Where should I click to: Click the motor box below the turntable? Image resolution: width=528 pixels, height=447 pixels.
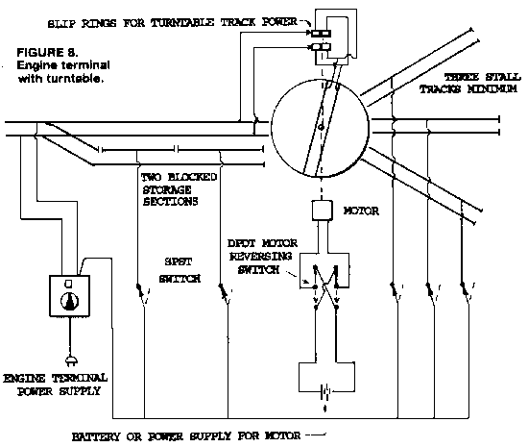pos(322,211)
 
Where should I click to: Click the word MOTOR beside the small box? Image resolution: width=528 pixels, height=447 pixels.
pos(361,211)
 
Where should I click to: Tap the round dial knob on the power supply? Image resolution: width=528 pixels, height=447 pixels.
pos(70,301)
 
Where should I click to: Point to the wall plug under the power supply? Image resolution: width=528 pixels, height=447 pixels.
pos(71,360)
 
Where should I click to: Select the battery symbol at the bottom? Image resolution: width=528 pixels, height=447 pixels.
pos(324,391)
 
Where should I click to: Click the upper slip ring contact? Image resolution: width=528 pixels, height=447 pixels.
pos(321,33)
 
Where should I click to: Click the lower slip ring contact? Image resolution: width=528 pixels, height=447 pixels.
pos(321,46)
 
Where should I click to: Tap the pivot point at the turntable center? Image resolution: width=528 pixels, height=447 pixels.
pos(321,128)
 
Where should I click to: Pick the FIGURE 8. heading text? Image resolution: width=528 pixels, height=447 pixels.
pos(47,53)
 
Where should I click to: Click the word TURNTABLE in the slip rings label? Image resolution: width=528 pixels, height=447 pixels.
pos(182,22)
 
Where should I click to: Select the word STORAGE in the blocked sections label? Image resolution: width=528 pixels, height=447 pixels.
pos(167,189)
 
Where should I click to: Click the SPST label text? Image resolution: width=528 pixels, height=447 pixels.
pos(179,261)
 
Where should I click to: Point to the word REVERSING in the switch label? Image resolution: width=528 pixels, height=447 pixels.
pos(260,257)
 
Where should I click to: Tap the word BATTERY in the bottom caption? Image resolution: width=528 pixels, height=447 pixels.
pos(96,436)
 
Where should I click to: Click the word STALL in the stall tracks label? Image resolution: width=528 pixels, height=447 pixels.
pos(503,77)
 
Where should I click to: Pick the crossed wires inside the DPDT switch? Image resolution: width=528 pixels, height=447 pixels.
pos(325,286)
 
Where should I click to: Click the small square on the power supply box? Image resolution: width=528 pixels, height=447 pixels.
pos(68,284)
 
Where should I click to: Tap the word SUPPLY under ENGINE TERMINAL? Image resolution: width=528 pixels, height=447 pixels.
pos(80,391)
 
